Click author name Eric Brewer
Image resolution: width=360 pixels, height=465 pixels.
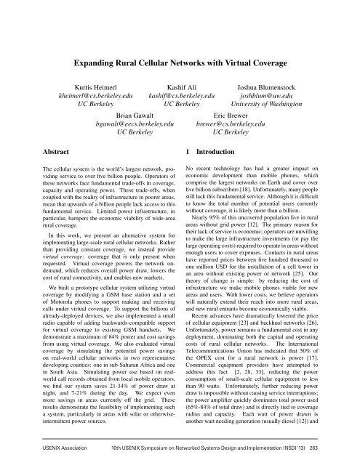click(x=230, y=116)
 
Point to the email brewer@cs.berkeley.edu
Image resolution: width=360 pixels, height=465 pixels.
click(x=230, y=125)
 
